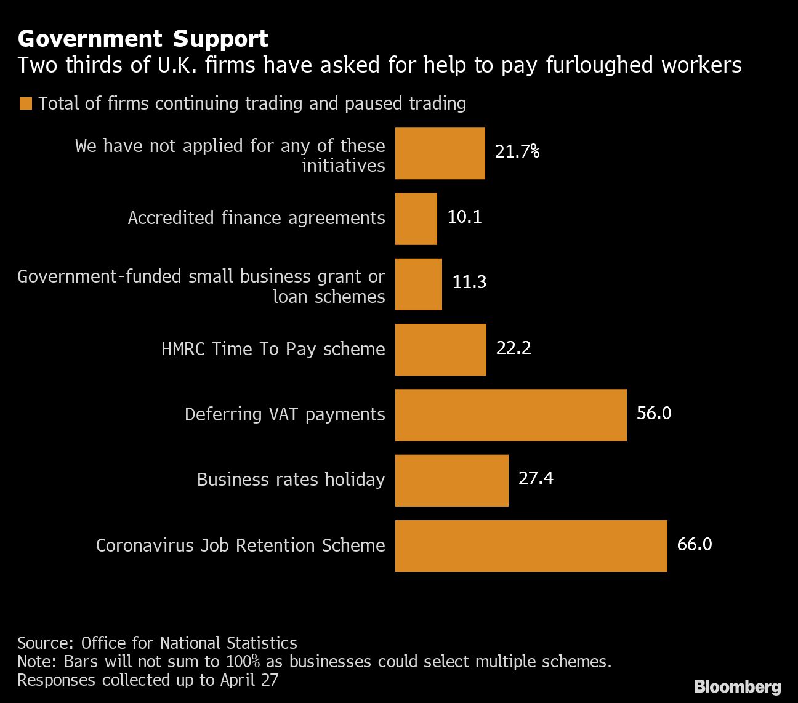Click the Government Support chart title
pos(143,39)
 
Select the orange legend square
pos(25,103)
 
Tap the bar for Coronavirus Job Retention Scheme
pos(531,545)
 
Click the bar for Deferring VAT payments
pos(510,414)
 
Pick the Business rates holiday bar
pos(451,480)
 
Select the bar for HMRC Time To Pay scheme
pos(440,349)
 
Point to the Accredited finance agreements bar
pos(416,219)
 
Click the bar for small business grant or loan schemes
pos(418,284)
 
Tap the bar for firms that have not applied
pos(440,153)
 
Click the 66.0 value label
pos(694,544)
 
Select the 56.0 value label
pos(653,413)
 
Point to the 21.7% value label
pos(517,151)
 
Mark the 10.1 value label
pos(464,217)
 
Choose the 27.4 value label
pos(535,478)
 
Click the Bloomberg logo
pos(737,686)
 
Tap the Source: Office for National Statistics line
pos(157,643)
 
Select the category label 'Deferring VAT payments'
pos(284,414)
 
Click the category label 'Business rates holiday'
pos(291,480)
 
